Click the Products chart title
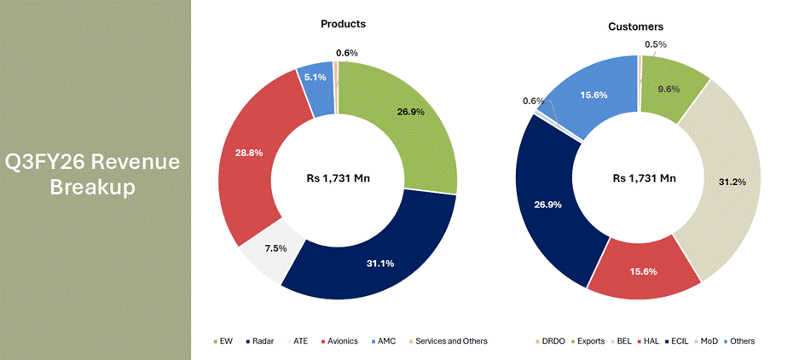(x=337, y=24)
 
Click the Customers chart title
(x=635, y=26)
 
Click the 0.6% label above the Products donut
(x=347, y=54)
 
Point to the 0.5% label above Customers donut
(x=656, y=44)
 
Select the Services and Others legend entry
(x=449, y=341)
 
